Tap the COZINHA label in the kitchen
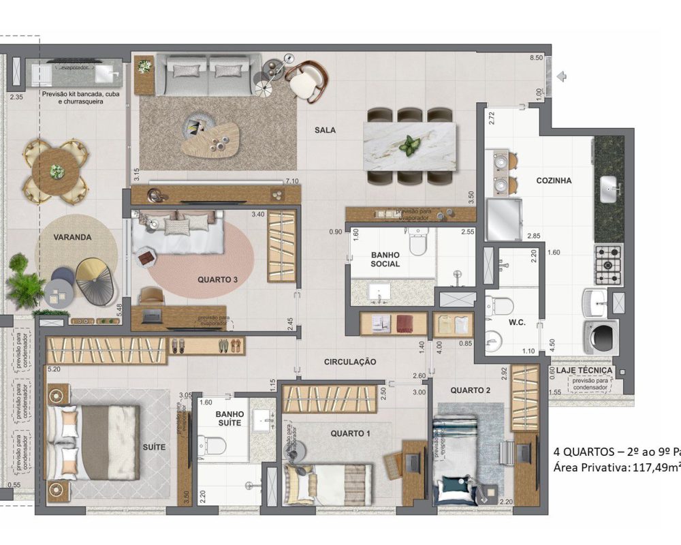554,181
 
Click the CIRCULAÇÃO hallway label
349,362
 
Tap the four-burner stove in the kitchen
609,264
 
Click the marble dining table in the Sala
409,145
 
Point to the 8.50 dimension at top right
537,59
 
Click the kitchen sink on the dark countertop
610,185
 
